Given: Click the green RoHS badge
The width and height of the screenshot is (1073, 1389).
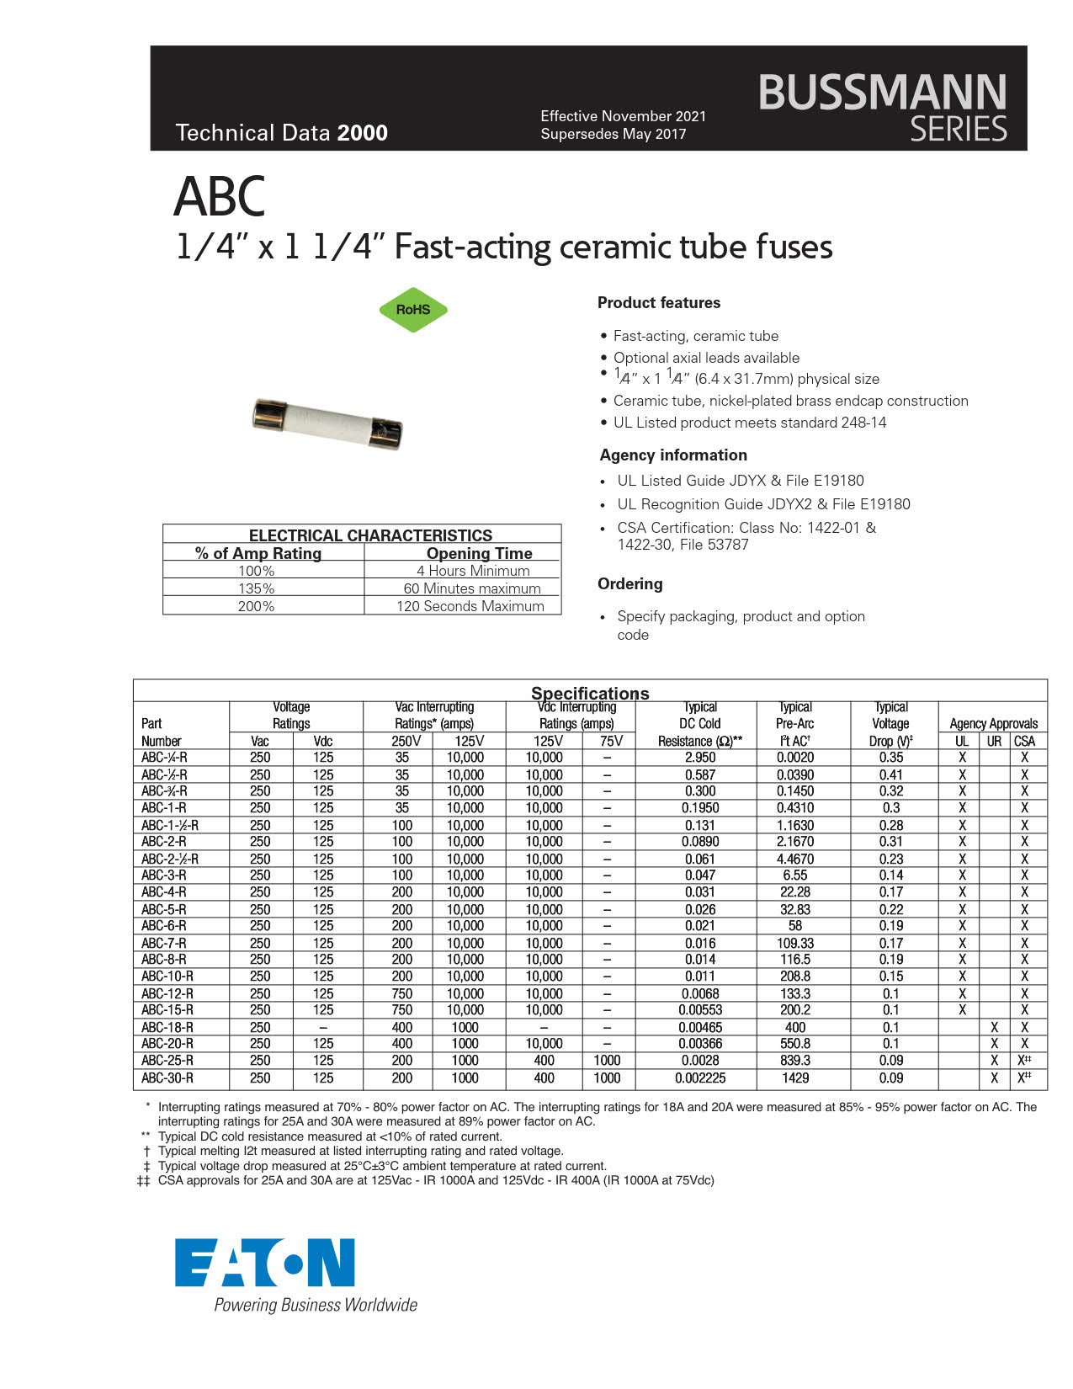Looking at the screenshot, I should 413,310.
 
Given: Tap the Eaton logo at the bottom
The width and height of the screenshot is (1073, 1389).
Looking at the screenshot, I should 265,1262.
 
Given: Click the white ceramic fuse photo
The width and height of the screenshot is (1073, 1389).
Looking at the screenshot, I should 327,424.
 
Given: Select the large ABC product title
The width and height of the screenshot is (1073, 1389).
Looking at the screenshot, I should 220,197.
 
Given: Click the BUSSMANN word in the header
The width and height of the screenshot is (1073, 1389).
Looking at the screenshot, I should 882,92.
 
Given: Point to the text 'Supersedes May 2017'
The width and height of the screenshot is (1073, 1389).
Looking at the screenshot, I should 613,134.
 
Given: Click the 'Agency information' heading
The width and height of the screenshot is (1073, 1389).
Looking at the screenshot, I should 673,455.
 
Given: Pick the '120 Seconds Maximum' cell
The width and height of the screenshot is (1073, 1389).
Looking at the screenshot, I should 470,606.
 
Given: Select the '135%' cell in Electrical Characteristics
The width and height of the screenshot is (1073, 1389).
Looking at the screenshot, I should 256,588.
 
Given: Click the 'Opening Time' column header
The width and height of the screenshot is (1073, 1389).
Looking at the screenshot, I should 479,553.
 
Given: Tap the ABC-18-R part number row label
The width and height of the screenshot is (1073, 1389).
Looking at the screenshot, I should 167,1027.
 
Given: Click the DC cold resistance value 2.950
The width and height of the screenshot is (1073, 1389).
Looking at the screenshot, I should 700,758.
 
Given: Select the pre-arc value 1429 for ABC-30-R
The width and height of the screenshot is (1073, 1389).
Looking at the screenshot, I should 795,1078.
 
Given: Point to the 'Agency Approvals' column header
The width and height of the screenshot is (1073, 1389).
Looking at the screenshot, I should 993,723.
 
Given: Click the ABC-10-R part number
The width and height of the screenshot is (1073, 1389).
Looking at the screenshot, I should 167,977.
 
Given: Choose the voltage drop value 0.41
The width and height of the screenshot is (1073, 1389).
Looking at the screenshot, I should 890,774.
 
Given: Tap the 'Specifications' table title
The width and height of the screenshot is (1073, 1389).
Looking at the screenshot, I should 590,693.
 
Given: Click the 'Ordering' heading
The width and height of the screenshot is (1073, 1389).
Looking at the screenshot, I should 629,583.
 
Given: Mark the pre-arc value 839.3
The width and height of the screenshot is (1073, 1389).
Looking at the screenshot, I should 795,1061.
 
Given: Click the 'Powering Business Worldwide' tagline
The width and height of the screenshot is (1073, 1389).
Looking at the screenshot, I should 316,1305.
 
